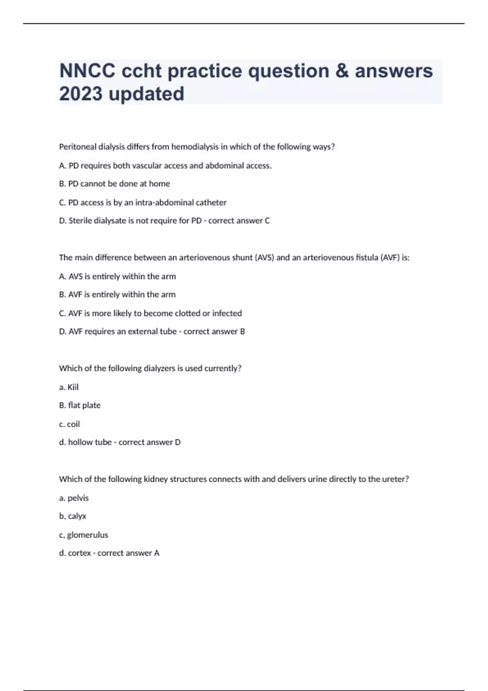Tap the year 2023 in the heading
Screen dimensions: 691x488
(x=81, y=94)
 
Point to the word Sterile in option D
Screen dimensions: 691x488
(x=80, y=221)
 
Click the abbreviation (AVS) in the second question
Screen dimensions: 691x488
(x=264, y=258)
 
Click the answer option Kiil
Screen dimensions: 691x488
(x=73, y=387)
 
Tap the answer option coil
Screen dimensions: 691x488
(x=73, y=424)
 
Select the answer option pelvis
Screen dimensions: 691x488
(x=78, y=498)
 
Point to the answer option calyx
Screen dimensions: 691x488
(x=77, y=516)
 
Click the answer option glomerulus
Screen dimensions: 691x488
(x=87, y=535)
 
